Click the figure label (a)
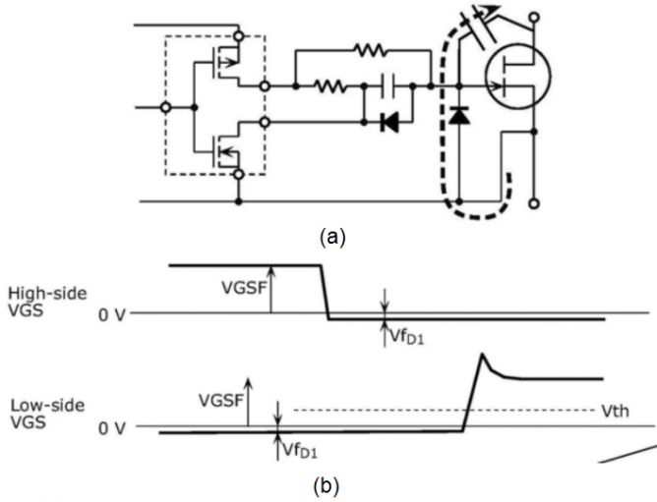[328, 236]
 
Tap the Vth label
[609, 409]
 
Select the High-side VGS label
[46, 302]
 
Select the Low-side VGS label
[43, 414]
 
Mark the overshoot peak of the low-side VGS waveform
[482, 355]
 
